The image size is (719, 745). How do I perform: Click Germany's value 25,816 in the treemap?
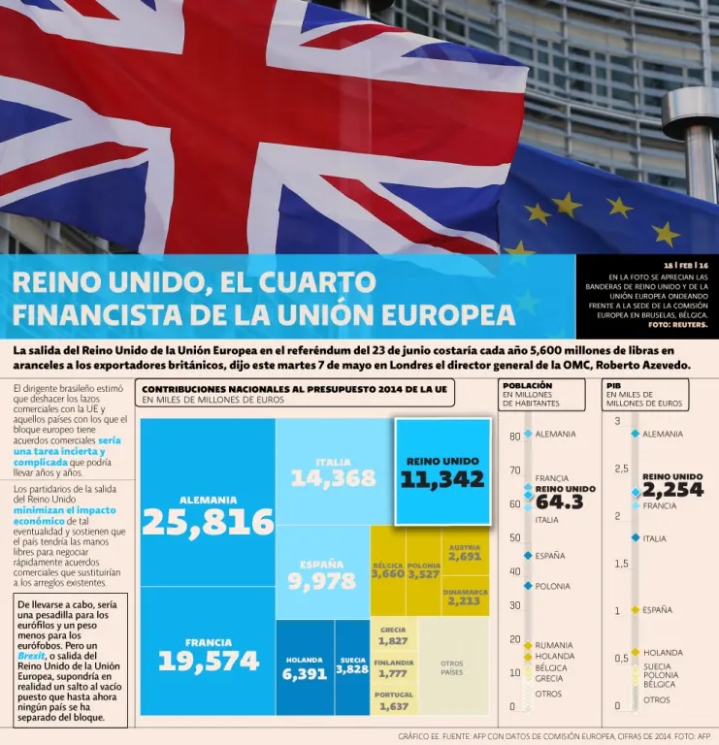(208, 522)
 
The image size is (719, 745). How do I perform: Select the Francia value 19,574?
(209, 661)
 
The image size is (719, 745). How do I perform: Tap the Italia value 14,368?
(333, 477)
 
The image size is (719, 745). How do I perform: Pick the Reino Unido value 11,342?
(442, 478)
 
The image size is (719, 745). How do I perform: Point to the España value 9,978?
(321, 580)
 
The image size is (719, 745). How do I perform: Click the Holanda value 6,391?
(304, 674)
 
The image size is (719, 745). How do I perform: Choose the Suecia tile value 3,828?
(352, 669)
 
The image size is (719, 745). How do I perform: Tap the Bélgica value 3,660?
(387, 574)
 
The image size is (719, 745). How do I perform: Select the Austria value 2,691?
(464, 557)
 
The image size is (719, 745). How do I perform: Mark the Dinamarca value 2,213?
(464, 600)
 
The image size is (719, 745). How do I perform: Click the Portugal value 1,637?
(393, 706)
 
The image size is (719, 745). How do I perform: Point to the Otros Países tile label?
(452, 667)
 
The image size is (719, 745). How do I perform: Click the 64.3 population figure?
(560, 502)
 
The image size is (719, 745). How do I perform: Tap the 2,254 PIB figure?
(671, 490)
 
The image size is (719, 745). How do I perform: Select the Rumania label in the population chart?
(554, 645)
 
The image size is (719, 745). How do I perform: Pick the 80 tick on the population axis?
(514, 437)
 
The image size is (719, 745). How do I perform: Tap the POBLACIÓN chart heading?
(528, 385)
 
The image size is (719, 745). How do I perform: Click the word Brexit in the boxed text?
(32, 656)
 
